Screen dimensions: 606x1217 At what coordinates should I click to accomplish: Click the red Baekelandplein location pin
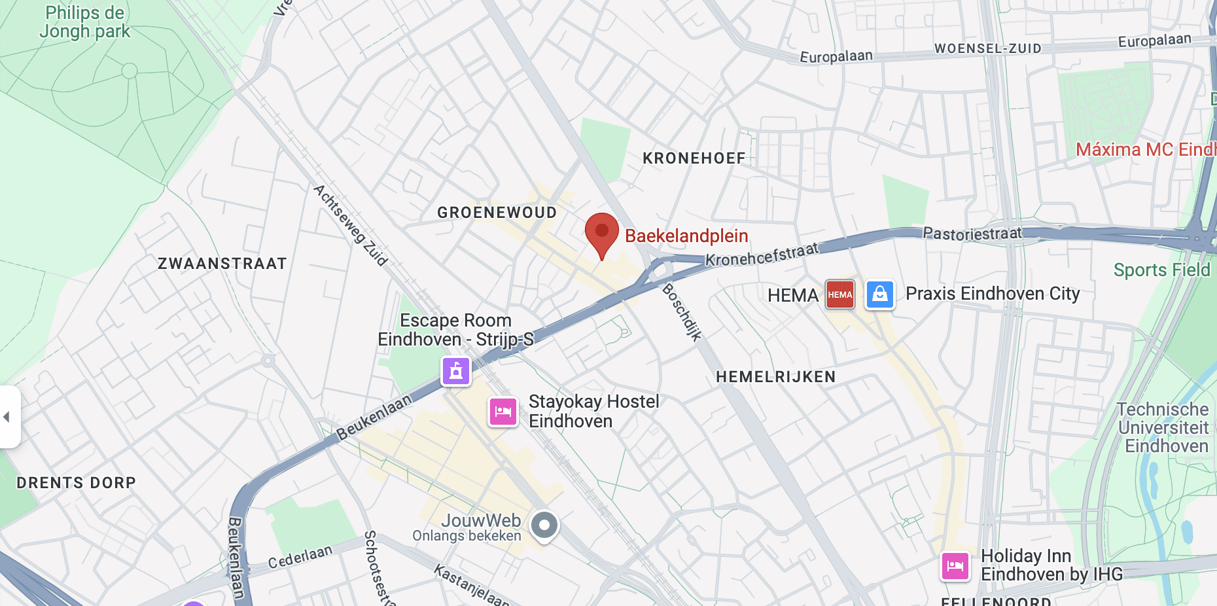(x=602, y=233)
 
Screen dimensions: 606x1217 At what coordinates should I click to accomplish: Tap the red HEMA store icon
(x=840, y=294)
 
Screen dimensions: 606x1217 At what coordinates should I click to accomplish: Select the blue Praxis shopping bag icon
(x=880, y=294)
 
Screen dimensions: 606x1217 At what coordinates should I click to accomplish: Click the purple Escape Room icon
(x=456, y=372)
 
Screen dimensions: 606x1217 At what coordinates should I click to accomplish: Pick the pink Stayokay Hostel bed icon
(x=503, y=412)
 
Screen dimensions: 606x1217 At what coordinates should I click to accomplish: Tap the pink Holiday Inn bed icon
(x=955, y=565)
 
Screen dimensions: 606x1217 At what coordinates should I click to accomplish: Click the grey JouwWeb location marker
(x=544, y=525)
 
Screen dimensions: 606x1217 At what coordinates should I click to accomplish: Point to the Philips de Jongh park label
(x=85, y=22)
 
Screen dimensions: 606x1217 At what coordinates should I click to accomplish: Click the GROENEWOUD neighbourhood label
(x=497, y=213)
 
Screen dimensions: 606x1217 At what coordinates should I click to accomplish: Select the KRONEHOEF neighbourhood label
(x=694, y=158)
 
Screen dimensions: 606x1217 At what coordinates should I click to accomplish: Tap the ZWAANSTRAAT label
(x=222, y=264)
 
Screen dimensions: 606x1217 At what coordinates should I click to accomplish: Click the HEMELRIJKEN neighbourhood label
(x=776, y=377)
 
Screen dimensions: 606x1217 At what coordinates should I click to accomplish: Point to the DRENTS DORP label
(x=77, y=483)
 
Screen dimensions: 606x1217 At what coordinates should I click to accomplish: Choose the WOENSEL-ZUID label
(x=987, y=48)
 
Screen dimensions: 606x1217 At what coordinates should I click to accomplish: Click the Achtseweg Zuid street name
(x=351, y=225)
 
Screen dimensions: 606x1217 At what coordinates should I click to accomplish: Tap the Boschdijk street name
(x=682, y=312)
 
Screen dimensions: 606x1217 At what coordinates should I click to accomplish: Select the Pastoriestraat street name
(x=972, y=233)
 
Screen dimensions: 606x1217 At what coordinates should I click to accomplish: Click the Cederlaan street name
(x=300, y=558)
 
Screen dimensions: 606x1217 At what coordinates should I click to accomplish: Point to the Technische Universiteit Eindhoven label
(x=1163, y=427)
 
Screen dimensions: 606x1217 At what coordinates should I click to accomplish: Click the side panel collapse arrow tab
(x=8, y=417)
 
